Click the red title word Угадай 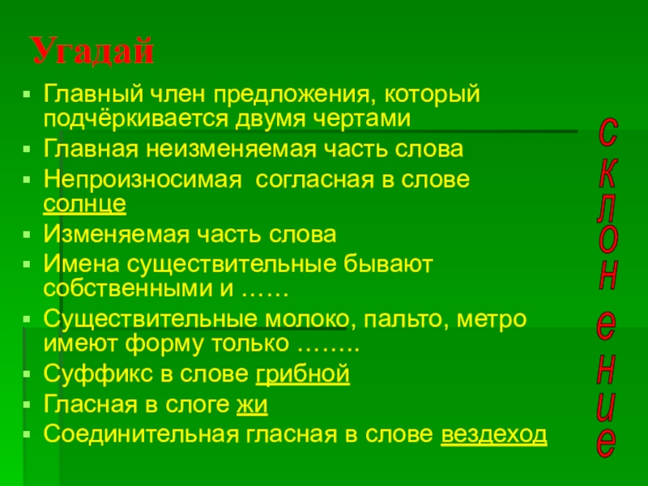[92, 50]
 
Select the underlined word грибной [303, 375]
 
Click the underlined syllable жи [252, 404]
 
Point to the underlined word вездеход [494, 434]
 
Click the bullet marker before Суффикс [26, 375]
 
